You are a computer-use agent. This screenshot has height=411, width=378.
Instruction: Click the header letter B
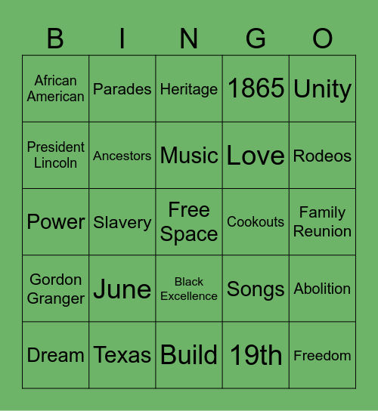tap(56, 39)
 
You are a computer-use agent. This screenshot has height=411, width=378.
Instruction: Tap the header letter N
tap(189, 39)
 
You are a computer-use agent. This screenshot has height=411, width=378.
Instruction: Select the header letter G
tap(256, 39)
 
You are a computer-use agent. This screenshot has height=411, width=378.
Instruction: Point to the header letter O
tap(323, 39)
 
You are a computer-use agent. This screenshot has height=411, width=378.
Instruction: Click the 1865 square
tap(256, 89)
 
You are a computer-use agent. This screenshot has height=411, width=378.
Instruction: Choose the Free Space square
tap(189, 222)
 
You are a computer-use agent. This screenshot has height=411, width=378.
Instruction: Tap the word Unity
tap(323, 89)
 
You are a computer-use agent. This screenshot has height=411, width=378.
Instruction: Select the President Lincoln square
tap(56, 155)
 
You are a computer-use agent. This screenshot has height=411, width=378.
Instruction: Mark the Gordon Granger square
tap(56, 289)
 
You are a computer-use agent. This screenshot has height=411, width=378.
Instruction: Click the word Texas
tap(122, 355)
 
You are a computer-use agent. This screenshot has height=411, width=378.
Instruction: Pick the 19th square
tap(256, 355)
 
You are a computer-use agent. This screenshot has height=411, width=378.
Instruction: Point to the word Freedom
tap(323, 355)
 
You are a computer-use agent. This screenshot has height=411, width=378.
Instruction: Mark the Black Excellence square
tap(189, 289)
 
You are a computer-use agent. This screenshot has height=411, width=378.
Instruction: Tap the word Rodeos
tap(323, 156)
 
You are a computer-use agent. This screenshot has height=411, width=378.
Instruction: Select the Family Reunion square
tap(323, 222)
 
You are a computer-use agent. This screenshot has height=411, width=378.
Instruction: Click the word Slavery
tap(122, 222)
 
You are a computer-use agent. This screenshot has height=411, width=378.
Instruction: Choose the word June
tap(122, 289)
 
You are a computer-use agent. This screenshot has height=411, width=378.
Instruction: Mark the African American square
tap(56, 88)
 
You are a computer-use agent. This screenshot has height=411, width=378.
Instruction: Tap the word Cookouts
tap(256, 222)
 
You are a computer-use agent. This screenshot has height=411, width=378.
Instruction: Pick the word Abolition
tap(323, 289)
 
